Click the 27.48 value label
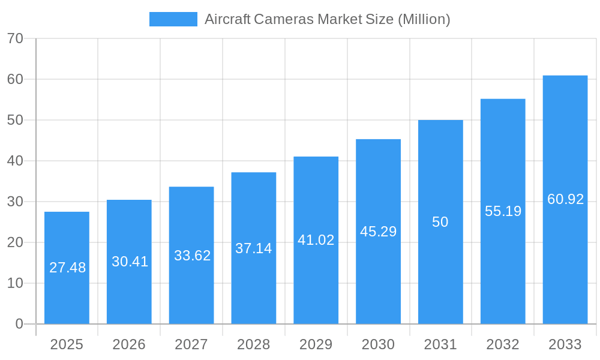coord(67,268)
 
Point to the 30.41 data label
coord(130,262)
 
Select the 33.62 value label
coord(192,256)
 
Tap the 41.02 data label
coord(316,240)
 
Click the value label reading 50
coord(440,222)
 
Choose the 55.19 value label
coord(503,211)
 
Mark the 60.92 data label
coord(565,199)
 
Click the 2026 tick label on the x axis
coord(129,344)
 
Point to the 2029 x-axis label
coord(316,344)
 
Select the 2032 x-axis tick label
coord(503,344)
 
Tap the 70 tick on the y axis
coord(15,38)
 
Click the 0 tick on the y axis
coord(19,324)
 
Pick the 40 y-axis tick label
coord(15,161)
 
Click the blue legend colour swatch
coord(173,19)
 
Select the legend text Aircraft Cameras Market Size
coord(327,19)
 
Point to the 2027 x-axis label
coord(191,344)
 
